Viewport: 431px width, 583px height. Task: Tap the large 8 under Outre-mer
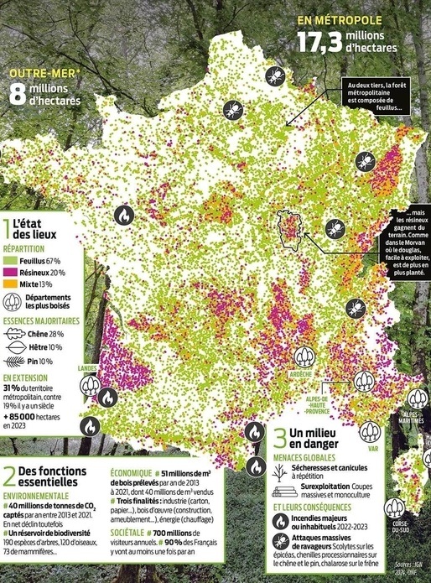coord(18,93)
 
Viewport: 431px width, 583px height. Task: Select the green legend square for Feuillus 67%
coord(8,262)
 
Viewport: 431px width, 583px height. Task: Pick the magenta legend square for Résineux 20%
coord(8,273)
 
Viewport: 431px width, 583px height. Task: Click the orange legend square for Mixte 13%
coord(8,284)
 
